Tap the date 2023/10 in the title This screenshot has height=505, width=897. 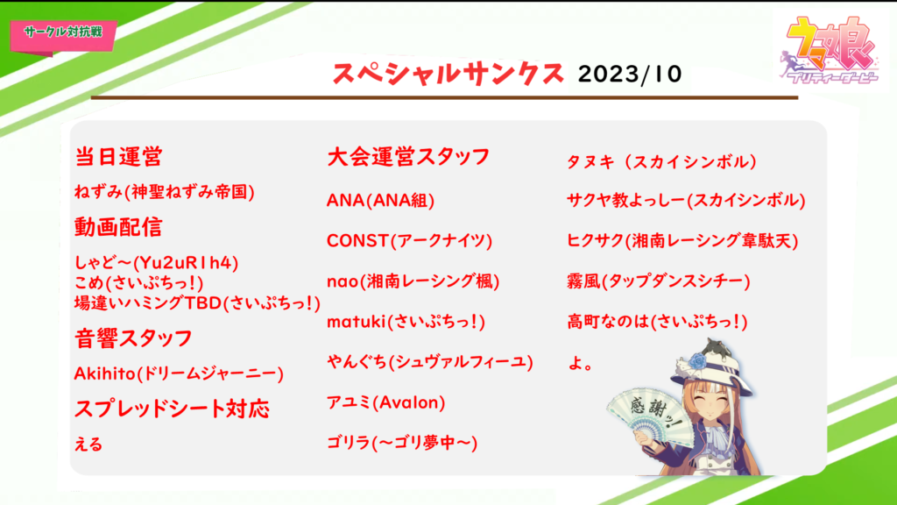click(630, 75)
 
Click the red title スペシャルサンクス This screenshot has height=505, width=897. click(448, 74)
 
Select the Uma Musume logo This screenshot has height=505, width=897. click(830, 49)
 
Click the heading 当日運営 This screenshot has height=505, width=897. click(118, 156)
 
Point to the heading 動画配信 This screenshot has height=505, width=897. click(118, 227)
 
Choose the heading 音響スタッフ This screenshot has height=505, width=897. click(133, 338)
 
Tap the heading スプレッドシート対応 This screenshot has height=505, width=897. click(172, 409)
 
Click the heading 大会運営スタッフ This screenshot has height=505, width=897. click(408, 156)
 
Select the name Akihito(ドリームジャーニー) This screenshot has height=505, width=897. click(179, 373)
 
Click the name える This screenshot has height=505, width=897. click(88, 444)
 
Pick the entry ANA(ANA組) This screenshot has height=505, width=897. click(380, 201)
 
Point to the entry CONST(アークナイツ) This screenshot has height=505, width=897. click(410, 240)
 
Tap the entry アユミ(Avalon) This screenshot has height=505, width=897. click(386, 402)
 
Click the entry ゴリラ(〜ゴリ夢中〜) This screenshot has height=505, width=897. click(402, 443)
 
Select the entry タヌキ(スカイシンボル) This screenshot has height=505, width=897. click(662, 161)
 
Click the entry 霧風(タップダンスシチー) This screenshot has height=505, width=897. click(659, 281)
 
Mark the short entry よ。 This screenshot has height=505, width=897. click(581, 363)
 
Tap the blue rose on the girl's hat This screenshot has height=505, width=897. click(697, 361)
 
